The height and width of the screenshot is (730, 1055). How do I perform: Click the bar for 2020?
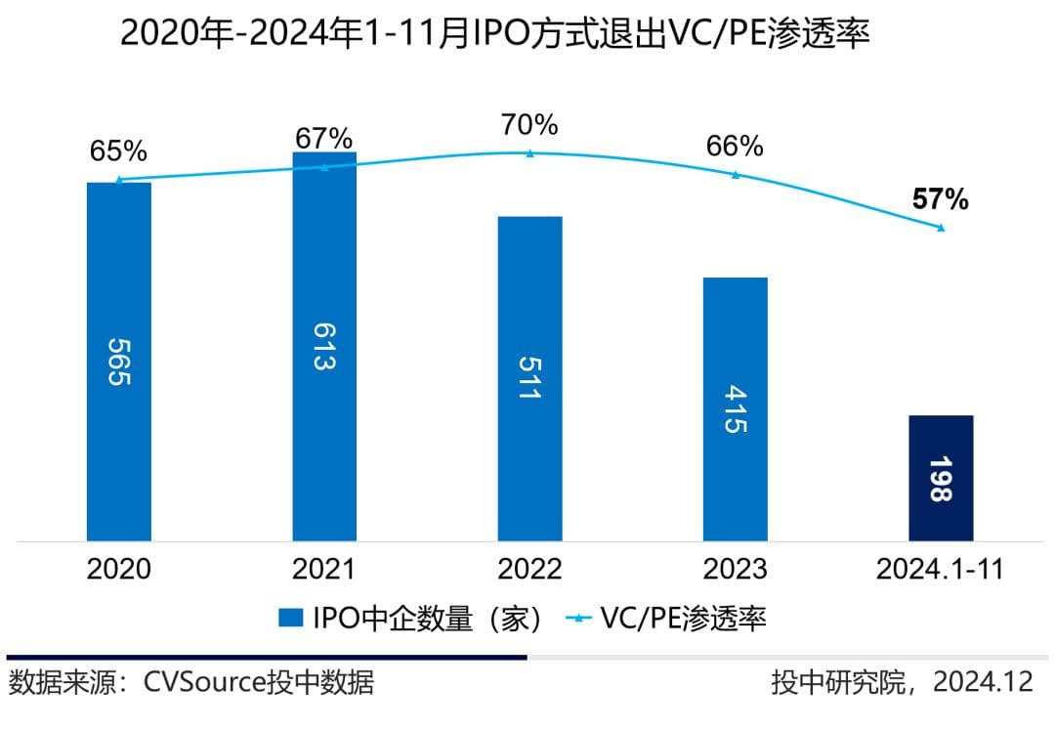click(x=118, y=361)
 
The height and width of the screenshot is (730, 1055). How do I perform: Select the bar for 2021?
click(x=324, y=346)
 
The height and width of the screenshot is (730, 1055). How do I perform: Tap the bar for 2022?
click(x=529, y=378)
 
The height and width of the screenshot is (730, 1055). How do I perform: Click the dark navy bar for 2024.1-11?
click(x=941, y=478)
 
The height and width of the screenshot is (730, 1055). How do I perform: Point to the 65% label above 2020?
click(x=118, y=151)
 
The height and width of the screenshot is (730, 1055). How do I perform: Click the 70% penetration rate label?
click(x=528, y=125)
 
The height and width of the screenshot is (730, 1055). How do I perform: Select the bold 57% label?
click(x=940, y=200)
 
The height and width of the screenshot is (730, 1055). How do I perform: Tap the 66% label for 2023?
click(x=735, y=147)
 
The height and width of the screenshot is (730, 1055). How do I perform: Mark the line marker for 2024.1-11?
click(x=941, y=228)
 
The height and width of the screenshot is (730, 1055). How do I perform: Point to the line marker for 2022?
click(x=529, y=153)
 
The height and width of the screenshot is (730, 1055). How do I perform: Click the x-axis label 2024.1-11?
click(x=940, y=570)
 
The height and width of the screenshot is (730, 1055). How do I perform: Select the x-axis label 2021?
click(x=323, y=570)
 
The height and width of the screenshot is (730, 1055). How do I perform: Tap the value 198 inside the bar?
click(x=941, y=479)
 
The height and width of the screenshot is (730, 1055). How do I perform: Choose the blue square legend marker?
click(x=290, y=618)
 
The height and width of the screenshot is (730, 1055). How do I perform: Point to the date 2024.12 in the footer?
click(x=982, y=681)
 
